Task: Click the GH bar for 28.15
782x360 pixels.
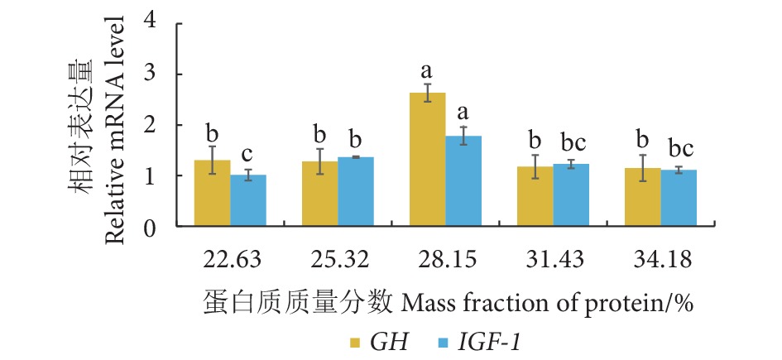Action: pos(428,159)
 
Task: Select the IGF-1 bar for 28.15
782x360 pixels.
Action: pos(463,180)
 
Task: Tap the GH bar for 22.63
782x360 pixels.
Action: pos(212,192)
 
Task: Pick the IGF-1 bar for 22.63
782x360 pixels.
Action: pos(248,199)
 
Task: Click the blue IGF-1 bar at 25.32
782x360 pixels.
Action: pos(356,190)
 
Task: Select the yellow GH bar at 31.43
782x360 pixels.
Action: pos(535,195)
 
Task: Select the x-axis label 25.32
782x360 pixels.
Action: pos(338,259)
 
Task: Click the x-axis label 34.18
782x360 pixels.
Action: pos(660,259)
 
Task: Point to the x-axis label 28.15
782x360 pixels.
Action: pos(445,259)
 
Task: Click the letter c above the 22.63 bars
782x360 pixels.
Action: pos(248,154)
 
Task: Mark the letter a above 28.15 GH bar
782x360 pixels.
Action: pos(428,70)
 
